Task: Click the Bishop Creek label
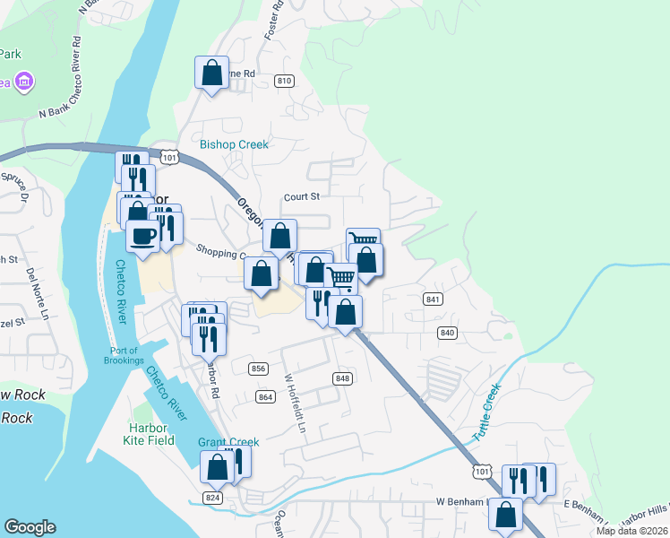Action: click(x=234, y=144)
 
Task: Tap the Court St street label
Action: click(x=302, y=196)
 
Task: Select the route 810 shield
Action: click(x=285, y=82)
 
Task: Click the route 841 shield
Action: click(x=434, y=299)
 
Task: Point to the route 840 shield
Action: click(x=448, y=333)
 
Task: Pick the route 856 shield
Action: click(x=259, y=369)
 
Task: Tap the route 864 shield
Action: click(x=265, y=396)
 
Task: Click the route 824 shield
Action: click(x=212, y=498)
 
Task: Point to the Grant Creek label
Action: click(x=228, y=442)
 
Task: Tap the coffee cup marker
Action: click(x=142, y=237)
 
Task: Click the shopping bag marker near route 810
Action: click(x=211, y=73)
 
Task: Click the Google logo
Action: click(x=30, y=527)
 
